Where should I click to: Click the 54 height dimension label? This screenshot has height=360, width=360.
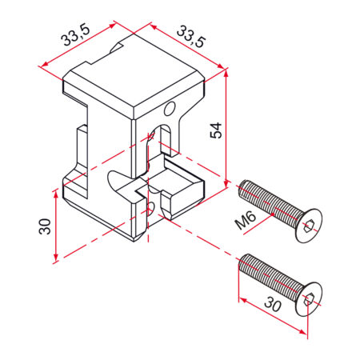coord(216,130)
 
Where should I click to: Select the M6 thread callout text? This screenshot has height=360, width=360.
coord(246,219)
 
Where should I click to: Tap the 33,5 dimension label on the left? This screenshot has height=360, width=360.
coord(75,36)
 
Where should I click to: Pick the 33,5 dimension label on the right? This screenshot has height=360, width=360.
coord(191,37)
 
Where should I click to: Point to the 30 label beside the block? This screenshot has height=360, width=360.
coord(45,226)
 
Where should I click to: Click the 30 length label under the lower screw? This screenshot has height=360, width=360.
coord(273,304)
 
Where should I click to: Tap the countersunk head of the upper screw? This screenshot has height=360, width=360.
coord(310,226)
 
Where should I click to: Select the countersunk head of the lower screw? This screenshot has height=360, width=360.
coord(310,299)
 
